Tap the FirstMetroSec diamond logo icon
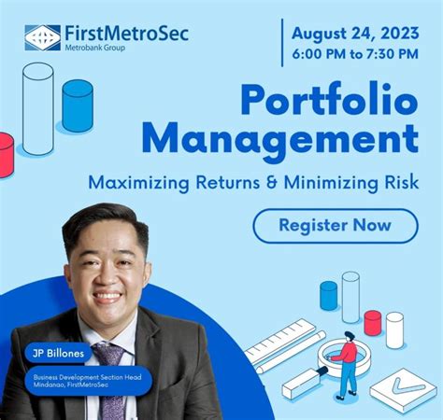[x=42, y=37]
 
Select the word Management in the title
[x=280, y=140]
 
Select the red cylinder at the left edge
[x=6, y=154]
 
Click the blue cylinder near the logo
[x=77, y=105]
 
